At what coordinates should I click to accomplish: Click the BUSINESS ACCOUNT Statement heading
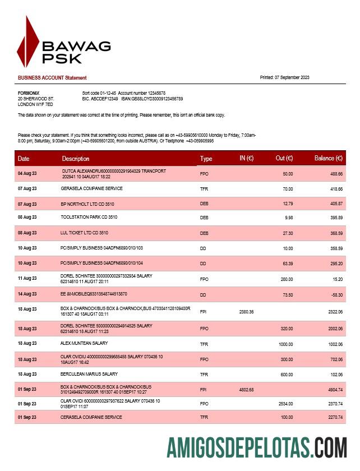[52, 78]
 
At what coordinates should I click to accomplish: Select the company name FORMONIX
[29, 93]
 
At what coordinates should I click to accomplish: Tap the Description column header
[76, 159]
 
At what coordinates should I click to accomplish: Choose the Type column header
[206, 159]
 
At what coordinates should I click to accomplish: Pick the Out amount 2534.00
[285, 404]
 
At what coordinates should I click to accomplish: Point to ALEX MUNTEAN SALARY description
[84, 343]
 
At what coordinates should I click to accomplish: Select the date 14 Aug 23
[27, 294]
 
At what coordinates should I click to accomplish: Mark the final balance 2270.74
[334, 417]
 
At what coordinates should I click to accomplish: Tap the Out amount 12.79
[288, 204]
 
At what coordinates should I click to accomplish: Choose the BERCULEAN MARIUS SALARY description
[89, 374]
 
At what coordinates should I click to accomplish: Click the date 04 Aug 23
[27, 174]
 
